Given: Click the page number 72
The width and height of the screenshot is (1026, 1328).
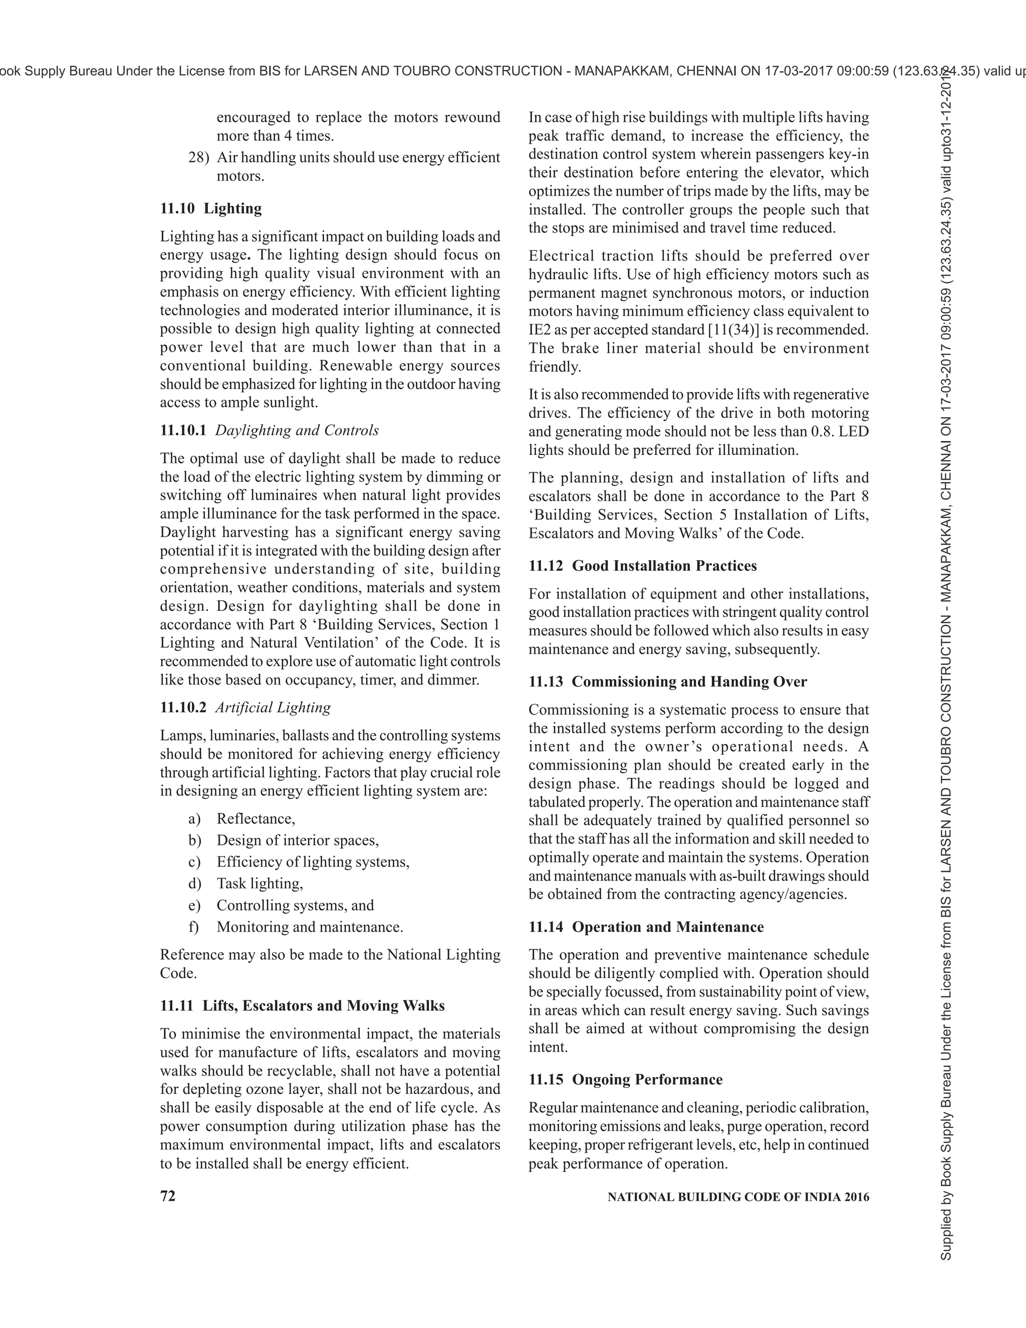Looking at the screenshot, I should pyautogui.click(x=168, y=1195).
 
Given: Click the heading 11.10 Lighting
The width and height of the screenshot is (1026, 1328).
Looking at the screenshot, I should pyautogui.click(x=211, y=208).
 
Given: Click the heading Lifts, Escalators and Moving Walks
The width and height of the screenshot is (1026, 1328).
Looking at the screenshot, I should pyautogui.click(x=323, y=1005).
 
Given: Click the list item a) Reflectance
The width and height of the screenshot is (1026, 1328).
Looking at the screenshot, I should pyautogui.click(x=256, y=818).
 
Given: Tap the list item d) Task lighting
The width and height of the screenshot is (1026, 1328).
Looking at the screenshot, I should pyautogui.click(x=260, y=883).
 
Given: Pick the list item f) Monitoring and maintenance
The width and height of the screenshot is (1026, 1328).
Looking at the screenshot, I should pyautogui.click(x=310, y=927).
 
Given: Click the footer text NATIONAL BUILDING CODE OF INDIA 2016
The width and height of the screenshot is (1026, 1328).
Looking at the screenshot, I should pyautogui.click(x=738, y=1197).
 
